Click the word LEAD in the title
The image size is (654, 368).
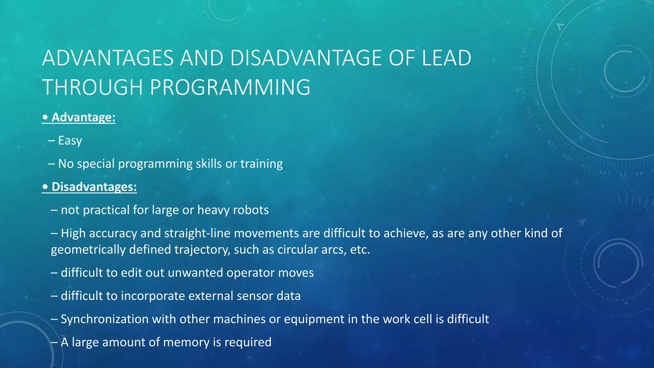coord(446,58)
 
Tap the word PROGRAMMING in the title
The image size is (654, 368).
coord(230,87)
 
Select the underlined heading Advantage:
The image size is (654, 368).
coord(83,117)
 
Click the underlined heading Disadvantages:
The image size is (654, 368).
coord(94,187)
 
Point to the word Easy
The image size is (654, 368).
coord(70,141)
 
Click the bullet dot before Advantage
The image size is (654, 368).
coord(45,117)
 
